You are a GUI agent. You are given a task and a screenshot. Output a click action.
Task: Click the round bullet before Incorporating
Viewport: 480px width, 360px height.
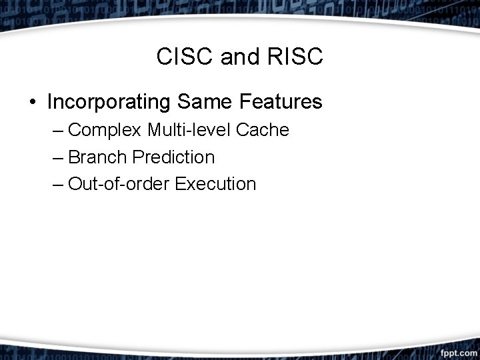click(x=32, y=103)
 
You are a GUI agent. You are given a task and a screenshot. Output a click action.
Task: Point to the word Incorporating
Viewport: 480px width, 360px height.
click(x=109, y=102)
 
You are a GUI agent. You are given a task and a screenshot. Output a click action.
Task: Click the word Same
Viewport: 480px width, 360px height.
click(x=203, y=102)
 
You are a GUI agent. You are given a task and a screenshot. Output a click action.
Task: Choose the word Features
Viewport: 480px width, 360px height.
click(x=279, y=102)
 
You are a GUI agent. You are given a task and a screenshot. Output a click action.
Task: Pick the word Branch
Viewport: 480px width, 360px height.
click(x=98, y=157)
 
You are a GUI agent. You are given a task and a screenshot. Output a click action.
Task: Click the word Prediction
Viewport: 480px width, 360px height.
click(x=173, y=157)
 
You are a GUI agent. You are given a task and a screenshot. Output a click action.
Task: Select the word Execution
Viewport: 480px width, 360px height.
click(x=215, y=184)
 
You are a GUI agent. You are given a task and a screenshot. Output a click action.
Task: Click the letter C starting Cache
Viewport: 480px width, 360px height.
click(x=242, y=130)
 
